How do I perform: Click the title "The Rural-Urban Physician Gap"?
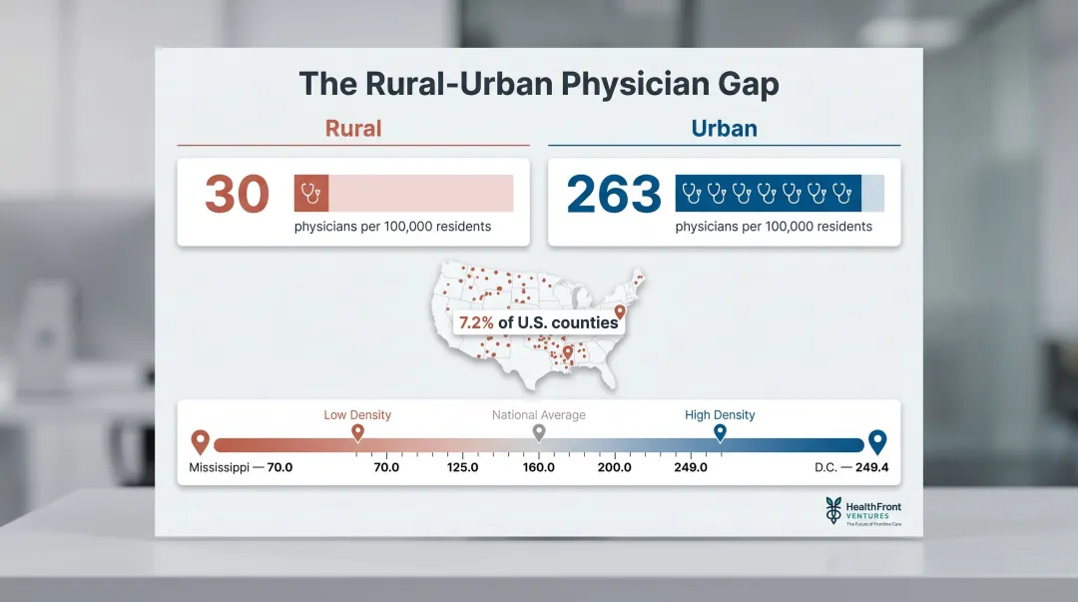coord(539,84)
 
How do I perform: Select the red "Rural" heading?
coord(353,129)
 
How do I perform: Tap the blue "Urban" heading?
coord(724,129)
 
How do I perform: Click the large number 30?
coord(238,194)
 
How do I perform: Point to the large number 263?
coord(614,194)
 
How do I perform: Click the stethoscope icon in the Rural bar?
coord(310,193)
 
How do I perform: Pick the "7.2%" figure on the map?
coord(476,322)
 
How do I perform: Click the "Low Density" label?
coord(357,415)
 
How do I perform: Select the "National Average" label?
coord(539,415)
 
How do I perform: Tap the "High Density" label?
coord(720,415)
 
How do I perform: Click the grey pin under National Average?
coord(539,432)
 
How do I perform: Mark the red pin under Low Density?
coord(357,432)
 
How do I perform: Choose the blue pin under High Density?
coord(720,432)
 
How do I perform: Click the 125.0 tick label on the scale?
coord(462,467)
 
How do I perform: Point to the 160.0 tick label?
coord(539,467)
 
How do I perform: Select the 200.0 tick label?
coord(615,467)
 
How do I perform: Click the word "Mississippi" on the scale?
coord(219,467)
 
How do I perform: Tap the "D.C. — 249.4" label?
coord(851,467)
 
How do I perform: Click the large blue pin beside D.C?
coord(877,441)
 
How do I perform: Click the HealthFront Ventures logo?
coord(862,511)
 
